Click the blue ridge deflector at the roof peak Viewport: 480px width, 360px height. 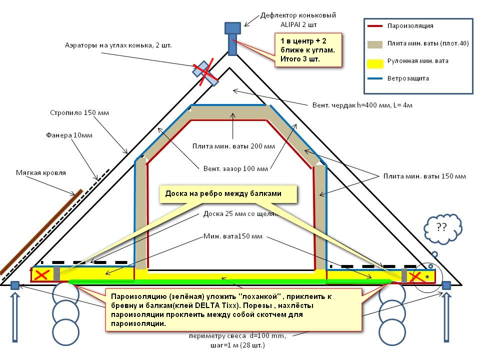point(232,37)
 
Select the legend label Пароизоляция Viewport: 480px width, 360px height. point(410,26)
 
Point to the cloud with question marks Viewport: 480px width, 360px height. point(441,229)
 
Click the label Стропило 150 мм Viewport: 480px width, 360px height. point(79,113)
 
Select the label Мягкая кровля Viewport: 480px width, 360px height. point(41,172)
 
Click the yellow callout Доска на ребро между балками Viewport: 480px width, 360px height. point(228,194)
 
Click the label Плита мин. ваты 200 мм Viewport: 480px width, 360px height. point(233,146)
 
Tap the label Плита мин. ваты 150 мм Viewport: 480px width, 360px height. point(424,176)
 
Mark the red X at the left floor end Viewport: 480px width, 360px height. point(42,274)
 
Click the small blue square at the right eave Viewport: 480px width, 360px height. point(446,285)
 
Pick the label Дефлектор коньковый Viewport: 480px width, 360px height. point(297,15)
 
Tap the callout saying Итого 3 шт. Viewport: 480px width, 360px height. point(308,49)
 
